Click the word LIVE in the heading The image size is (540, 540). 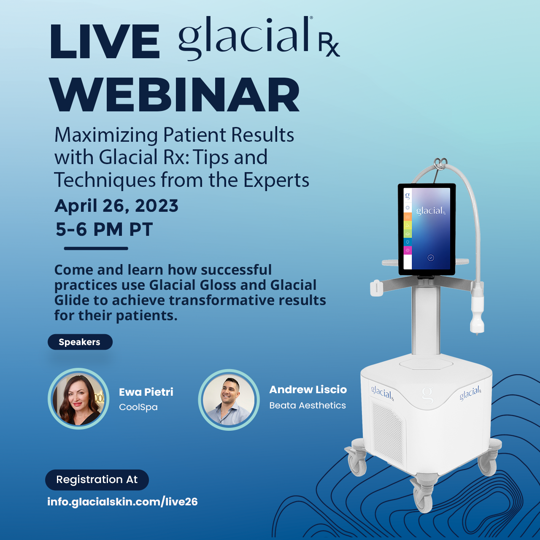point(105,41)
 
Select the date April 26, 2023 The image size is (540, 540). point(116,206)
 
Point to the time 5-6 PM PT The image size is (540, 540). point(104,229)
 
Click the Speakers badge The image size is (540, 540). point(80,342)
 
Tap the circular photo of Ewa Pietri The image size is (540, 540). point(78,399)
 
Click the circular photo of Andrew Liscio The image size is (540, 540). point(229,400)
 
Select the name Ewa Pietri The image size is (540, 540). point(146,392)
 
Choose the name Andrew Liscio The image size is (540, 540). point(308,389)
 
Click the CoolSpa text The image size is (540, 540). point(138,407)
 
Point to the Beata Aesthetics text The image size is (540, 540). point(308,405)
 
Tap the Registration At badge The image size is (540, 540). point(97,480)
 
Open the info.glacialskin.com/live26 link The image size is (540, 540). point(122,502)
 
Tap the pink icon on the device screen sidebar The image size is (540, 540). point(408,251)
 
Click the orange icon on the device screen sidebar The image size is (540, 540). point(408,216)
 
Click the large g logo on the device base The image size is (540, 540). point(427,394)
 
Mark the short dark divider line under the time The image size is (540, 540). point(96,248)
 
